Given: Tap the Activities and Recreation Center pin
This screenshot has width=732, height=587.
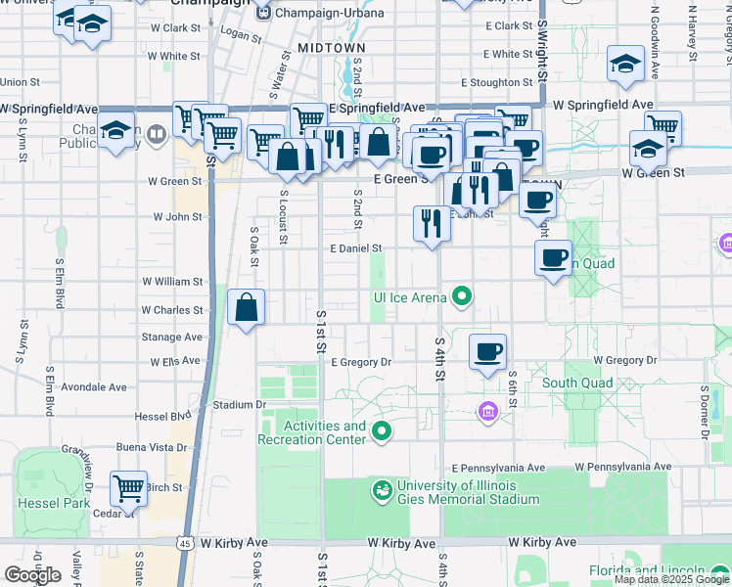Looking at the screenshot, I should pos(382,431).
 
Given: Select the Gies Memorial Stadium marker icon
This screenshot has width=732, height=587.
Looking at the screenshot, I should pos(383,487).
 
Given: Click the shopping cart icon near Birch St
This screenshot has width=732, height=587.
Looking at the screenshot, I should pos(128,487).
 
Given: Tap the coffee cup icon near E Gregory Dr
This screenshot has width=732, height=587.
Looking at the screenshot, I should pos(487,351).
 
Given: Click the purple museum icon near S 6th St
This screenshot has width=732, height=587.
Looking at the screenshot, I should pos(487,412).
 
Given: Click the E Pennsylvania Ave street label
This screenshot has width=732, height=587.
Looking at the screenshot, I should pos(498,468).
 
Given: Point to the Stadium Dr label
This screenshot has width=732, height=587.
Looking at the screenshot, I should pos(239,403).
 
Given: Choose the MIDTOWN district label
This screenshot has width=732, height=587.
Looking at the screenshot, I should pos(331,47).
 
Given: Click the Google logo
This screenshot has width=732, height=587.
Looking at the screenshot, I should pos(32,575).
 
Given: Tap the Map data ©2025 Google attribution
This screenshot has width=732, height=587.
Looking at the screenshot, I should pos(671,579).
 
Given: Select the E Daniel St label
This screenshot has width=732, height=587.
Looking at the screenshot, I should pos(356,249).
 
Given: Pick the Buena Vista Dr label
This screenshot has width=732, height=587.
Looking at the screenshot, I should pos(152,447).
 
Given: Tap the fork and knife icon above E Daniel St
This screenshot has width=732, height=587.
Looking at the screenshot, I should pos(431,224).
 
